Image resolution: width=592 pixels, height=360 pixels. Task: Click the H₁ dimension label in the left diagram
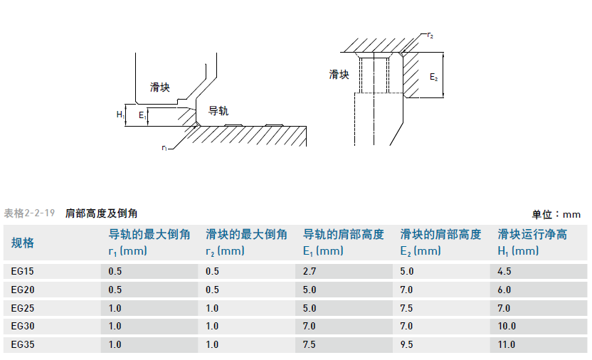click(120, 114)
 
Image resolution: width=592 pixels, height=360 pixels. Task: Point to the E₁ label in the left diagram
click(142, 114)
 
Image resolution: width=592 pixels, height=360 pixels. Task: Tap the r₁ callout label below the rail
click(164, 148)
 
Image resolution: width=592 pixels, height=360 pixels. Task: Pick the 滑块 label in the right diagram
click(339, 74)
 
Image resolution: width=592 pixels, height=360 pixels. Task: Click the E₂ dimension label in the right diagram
click(434, 76)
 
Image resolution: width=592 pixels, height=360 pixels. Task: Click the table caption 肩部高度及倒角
click(101, 213)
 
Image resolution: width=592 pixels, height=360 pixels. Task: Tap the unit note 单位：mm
click(556, 213)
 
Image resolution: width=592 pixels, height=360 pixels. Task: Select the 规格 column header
click(23, 243)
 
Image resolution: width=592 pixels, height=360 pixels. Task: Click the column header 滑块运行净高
click(532, 235)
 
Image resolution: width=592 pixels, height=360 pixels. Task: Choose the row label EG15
click(23, 271)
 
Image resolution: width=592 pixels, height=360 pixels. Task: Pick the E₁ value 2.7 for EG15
click(310, 271)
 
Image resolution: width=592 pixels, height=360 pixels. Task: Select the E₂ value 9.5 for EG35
click(407, 345)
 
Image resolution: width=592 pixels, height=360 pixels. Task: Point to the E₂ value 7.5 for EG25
click(407, 308)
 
